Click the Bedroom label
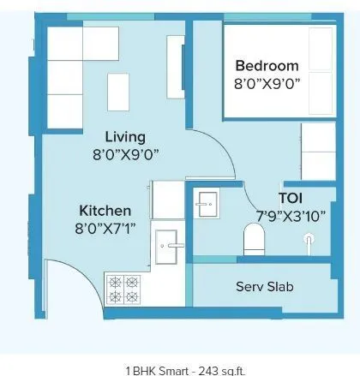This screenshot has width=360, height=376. pos(267,66)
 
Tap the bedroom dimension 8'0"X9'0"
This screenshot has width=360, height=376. pos(267,85)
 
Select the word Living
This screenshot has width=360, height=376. pos(125,137)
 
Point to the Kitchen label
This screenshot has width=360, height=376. pos(105,211)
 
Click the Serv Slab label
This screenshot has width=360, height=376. pos(265,286)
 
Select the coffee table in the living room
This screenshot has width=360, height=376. pos(118,89)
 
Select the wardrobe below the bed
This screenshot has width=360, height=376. pos(317,151)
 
